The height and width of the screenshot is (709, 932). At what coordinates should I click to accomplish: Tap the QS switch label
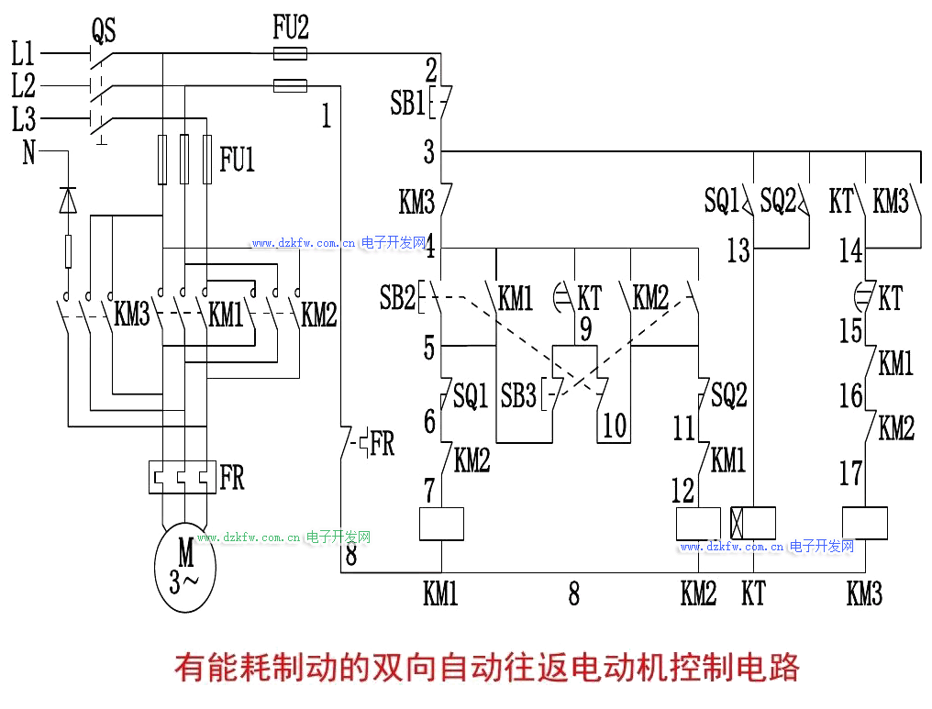pyautogui.click(x=104, y=32)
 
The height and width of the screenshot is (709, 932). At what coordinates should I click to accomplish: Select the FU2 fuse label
pyautogui.click(x=291, y=28)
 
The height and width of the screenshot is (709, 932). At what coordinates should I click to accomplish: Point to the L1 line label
pyautogui.click(x=24, y=53)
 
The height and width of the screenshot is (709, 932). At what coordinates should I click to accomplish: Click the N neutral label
pyautogui.click(x=28, y=152)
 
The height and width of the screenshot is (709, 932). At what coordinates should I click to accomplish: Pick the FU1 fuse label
pyautogui.click(x=237, y=161)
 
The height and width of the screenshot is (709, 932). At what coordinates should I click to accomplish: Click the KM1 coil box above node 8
pyautogui.click(x=441, y=524)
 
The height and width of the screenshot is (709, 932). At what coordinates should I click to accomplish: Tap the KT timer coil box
pyautogui.click(x=753, y=524)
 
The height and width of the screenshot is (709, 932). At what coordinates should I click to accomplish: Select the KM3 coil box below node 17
pyautogui.click(x=864, y=524)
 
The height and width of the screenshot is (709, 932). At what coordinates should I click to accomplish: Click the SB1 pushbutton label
pyautogui.click(x=408, y=103)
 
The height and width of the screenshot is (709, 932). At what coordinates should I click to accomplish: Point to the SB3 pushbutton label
pyautogui.click(x=518, y=396)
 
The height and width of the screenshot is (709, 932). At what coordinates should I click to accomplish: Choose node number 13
pyautogui.click(x=738, y=250)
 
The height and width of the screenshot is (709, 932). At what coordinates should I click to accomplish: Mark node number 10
pyautogui.click(x=614, y=424)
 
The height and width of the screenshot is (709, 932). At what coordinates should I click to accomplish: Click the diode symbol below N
pyautogui.click(x=68, y=199)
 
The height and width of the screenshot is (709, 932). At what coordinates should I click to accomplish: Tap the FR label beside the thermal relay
pyautogui.click(x=232, y=478)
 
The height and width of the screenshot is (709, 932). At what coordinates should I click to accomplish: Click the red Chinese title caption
pyautogui.click(x=486, y=667)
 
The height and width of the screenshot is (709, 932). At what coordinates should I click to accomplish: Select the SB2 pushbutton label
pyautogui.click(x=397, y=297)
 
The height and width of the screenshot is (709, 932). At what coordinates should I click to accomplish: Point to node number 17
pyautogui.click(x=851, y=473)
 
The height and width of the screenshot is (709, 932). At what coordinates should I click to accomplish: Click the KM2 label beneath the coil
pyautogui.click(x=698, y=594)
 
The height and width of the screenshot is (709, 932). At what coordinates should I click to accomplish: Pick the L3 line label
pyautogui.click(x=24, y=118)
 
